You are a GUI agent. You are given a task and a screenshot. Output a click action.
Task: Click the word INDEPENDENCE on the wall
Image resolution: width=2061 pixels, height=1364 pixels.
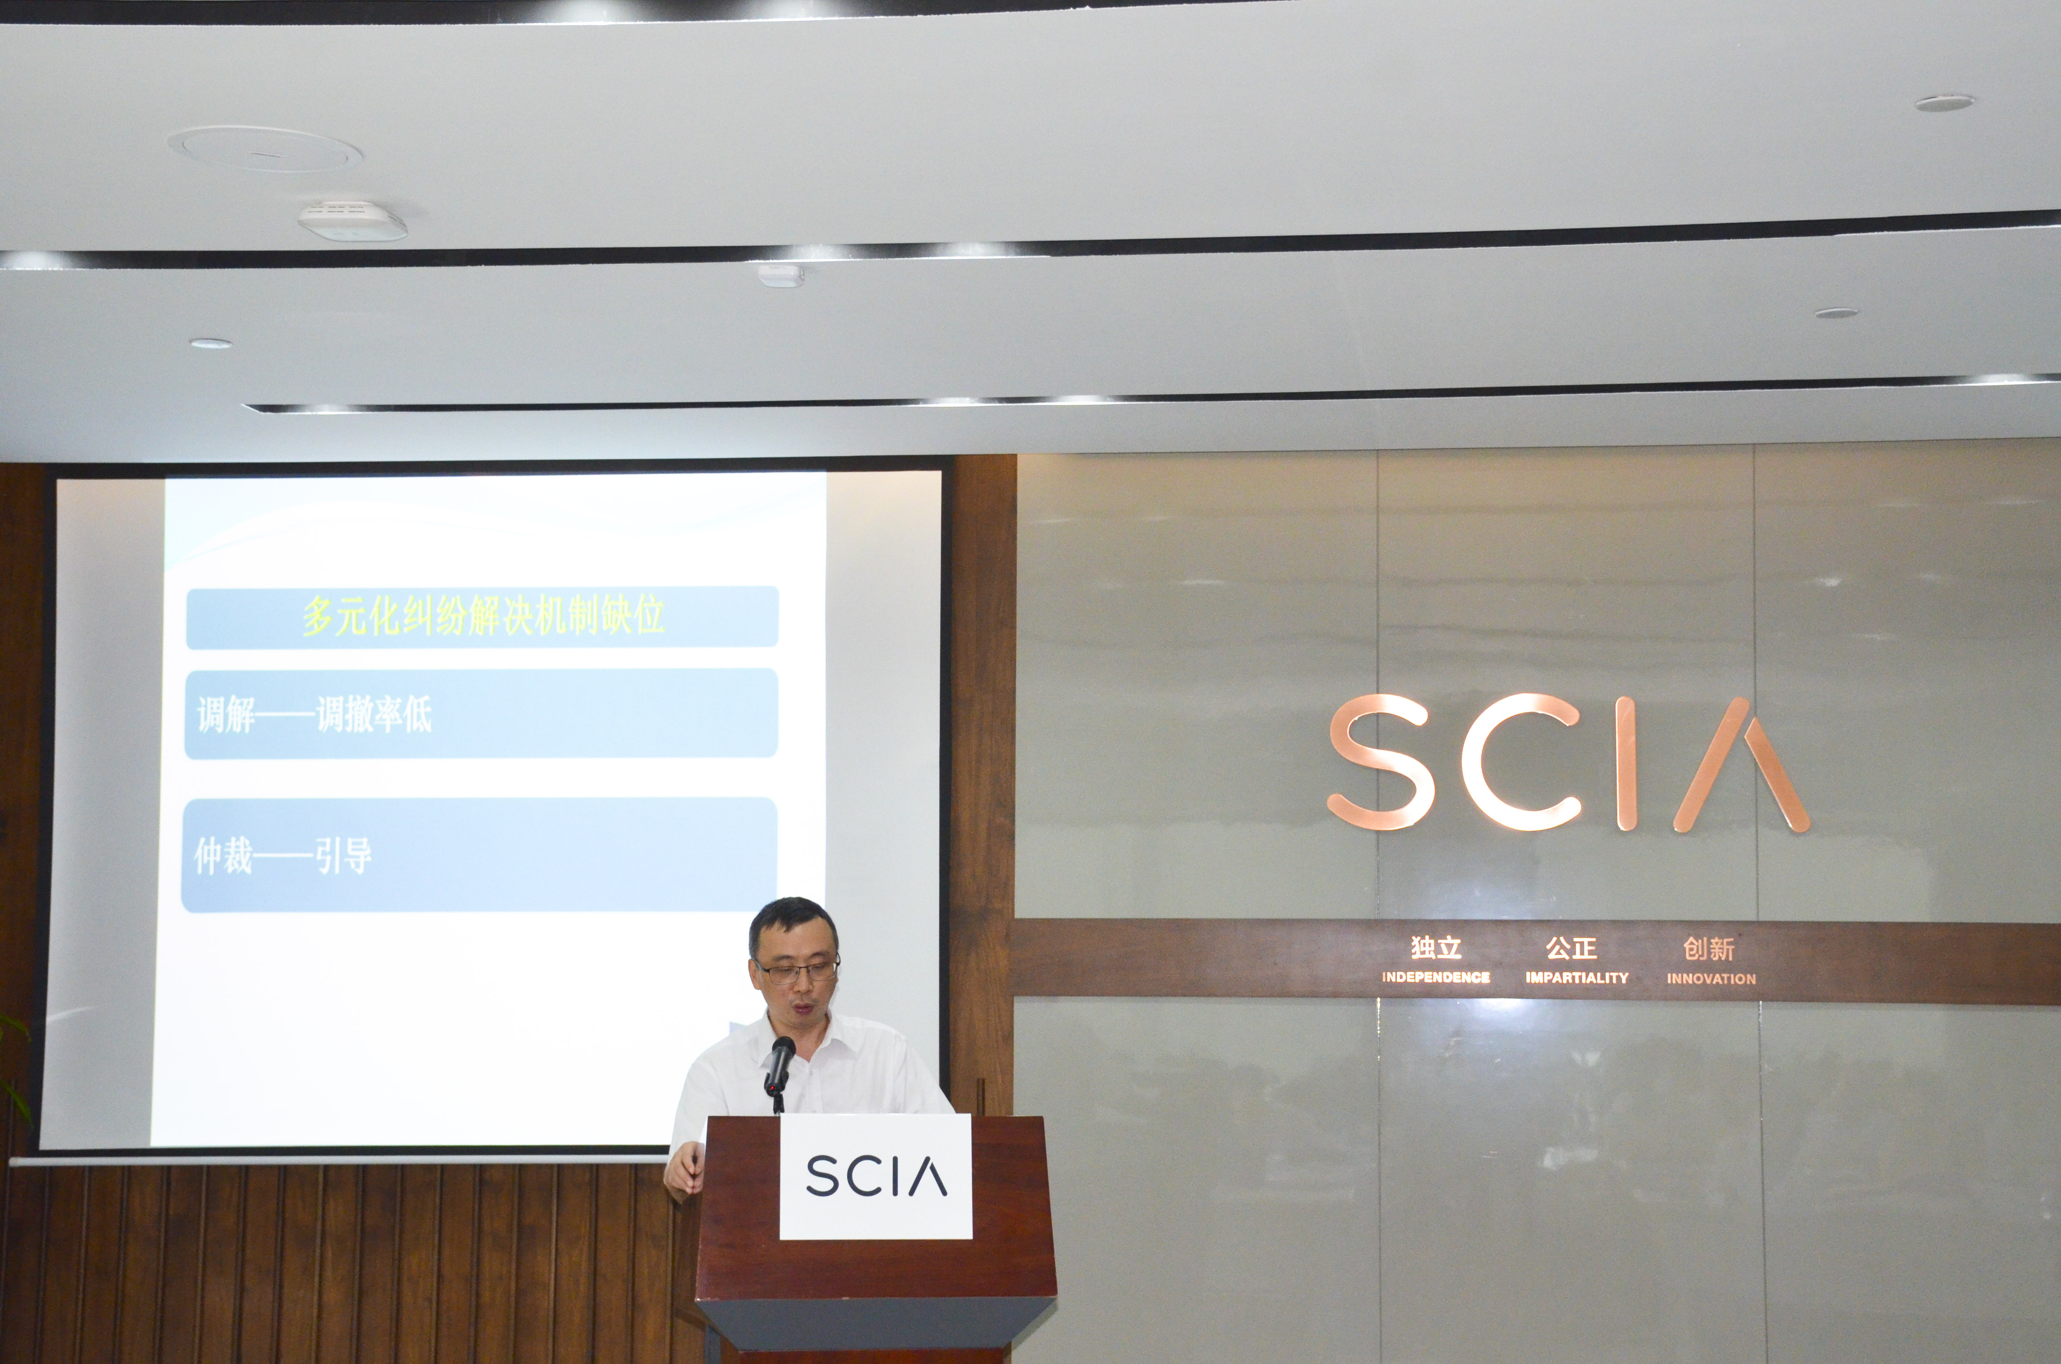[1436, 977]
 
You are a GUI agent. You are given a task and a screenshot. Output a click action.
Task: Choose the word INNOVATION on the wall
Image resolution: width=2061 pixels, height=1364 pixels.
[1711, 979]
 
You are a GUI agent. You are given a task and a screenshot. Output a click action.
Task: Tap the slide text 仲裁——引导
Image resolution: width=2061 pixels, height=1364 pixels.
[283, 857]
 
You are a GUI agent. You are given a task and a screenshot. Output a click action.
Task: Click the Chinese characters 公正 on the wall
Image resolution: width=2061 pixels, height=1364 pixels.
[1571, 947]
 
